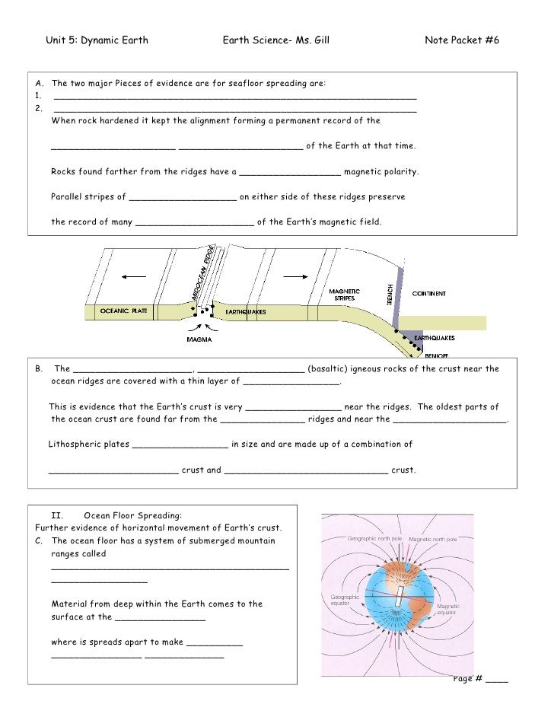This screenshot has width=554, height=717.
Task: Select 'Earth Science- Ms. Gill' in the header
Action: (x=275, y=40)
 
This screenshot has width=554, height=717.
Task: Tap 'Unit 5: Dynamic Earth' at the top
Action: (x=97, y=40)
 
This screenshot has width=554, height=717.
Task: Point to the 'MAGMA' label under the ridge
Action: (x=200, y=339)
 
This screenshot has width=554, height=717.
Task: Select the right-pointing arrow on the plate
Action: (x=302, y=276)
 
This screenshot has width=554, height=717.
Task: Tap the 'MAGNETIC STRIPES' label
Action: (x=345, y=294)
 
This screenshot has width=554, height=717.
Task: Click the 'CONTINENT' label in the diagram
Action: (x=429, y=293)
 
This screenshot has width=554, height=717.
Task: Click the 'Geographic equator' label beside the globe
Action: (x=344, y=601)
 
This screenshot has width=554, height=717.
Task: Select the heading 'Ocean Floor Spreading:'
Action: (x=133, y=515)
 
